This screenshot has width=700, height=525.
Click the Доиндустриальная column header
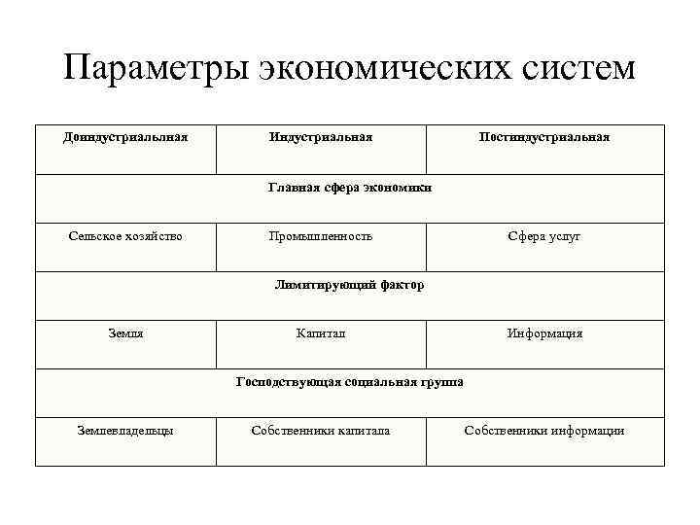125,137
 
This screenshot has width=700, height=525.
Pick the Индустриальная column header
321,137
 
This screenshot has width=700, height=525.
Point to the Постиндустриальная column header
544,137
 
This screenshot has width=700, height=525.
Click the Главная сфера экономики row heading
350,188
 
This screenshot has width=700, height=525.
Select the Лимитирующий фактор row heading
350,285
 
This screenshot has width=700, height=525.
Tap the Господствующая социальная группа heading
350,382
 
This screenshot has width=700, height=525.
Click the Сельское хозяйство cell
125,236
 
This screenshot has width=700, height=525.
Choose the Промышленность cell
321,236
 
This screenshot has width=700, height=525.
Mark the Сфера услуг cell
544,236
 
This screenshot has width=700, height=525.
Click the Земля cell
125,333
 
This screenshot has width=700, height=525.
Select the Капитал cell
321,333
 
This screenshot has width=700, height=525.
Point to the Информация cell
544,333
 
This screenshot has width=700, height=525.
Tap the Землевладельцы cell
125,431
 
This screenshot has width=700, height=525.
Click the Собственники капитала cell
321,431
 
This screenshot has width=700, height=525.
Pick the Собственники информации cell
544,431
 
